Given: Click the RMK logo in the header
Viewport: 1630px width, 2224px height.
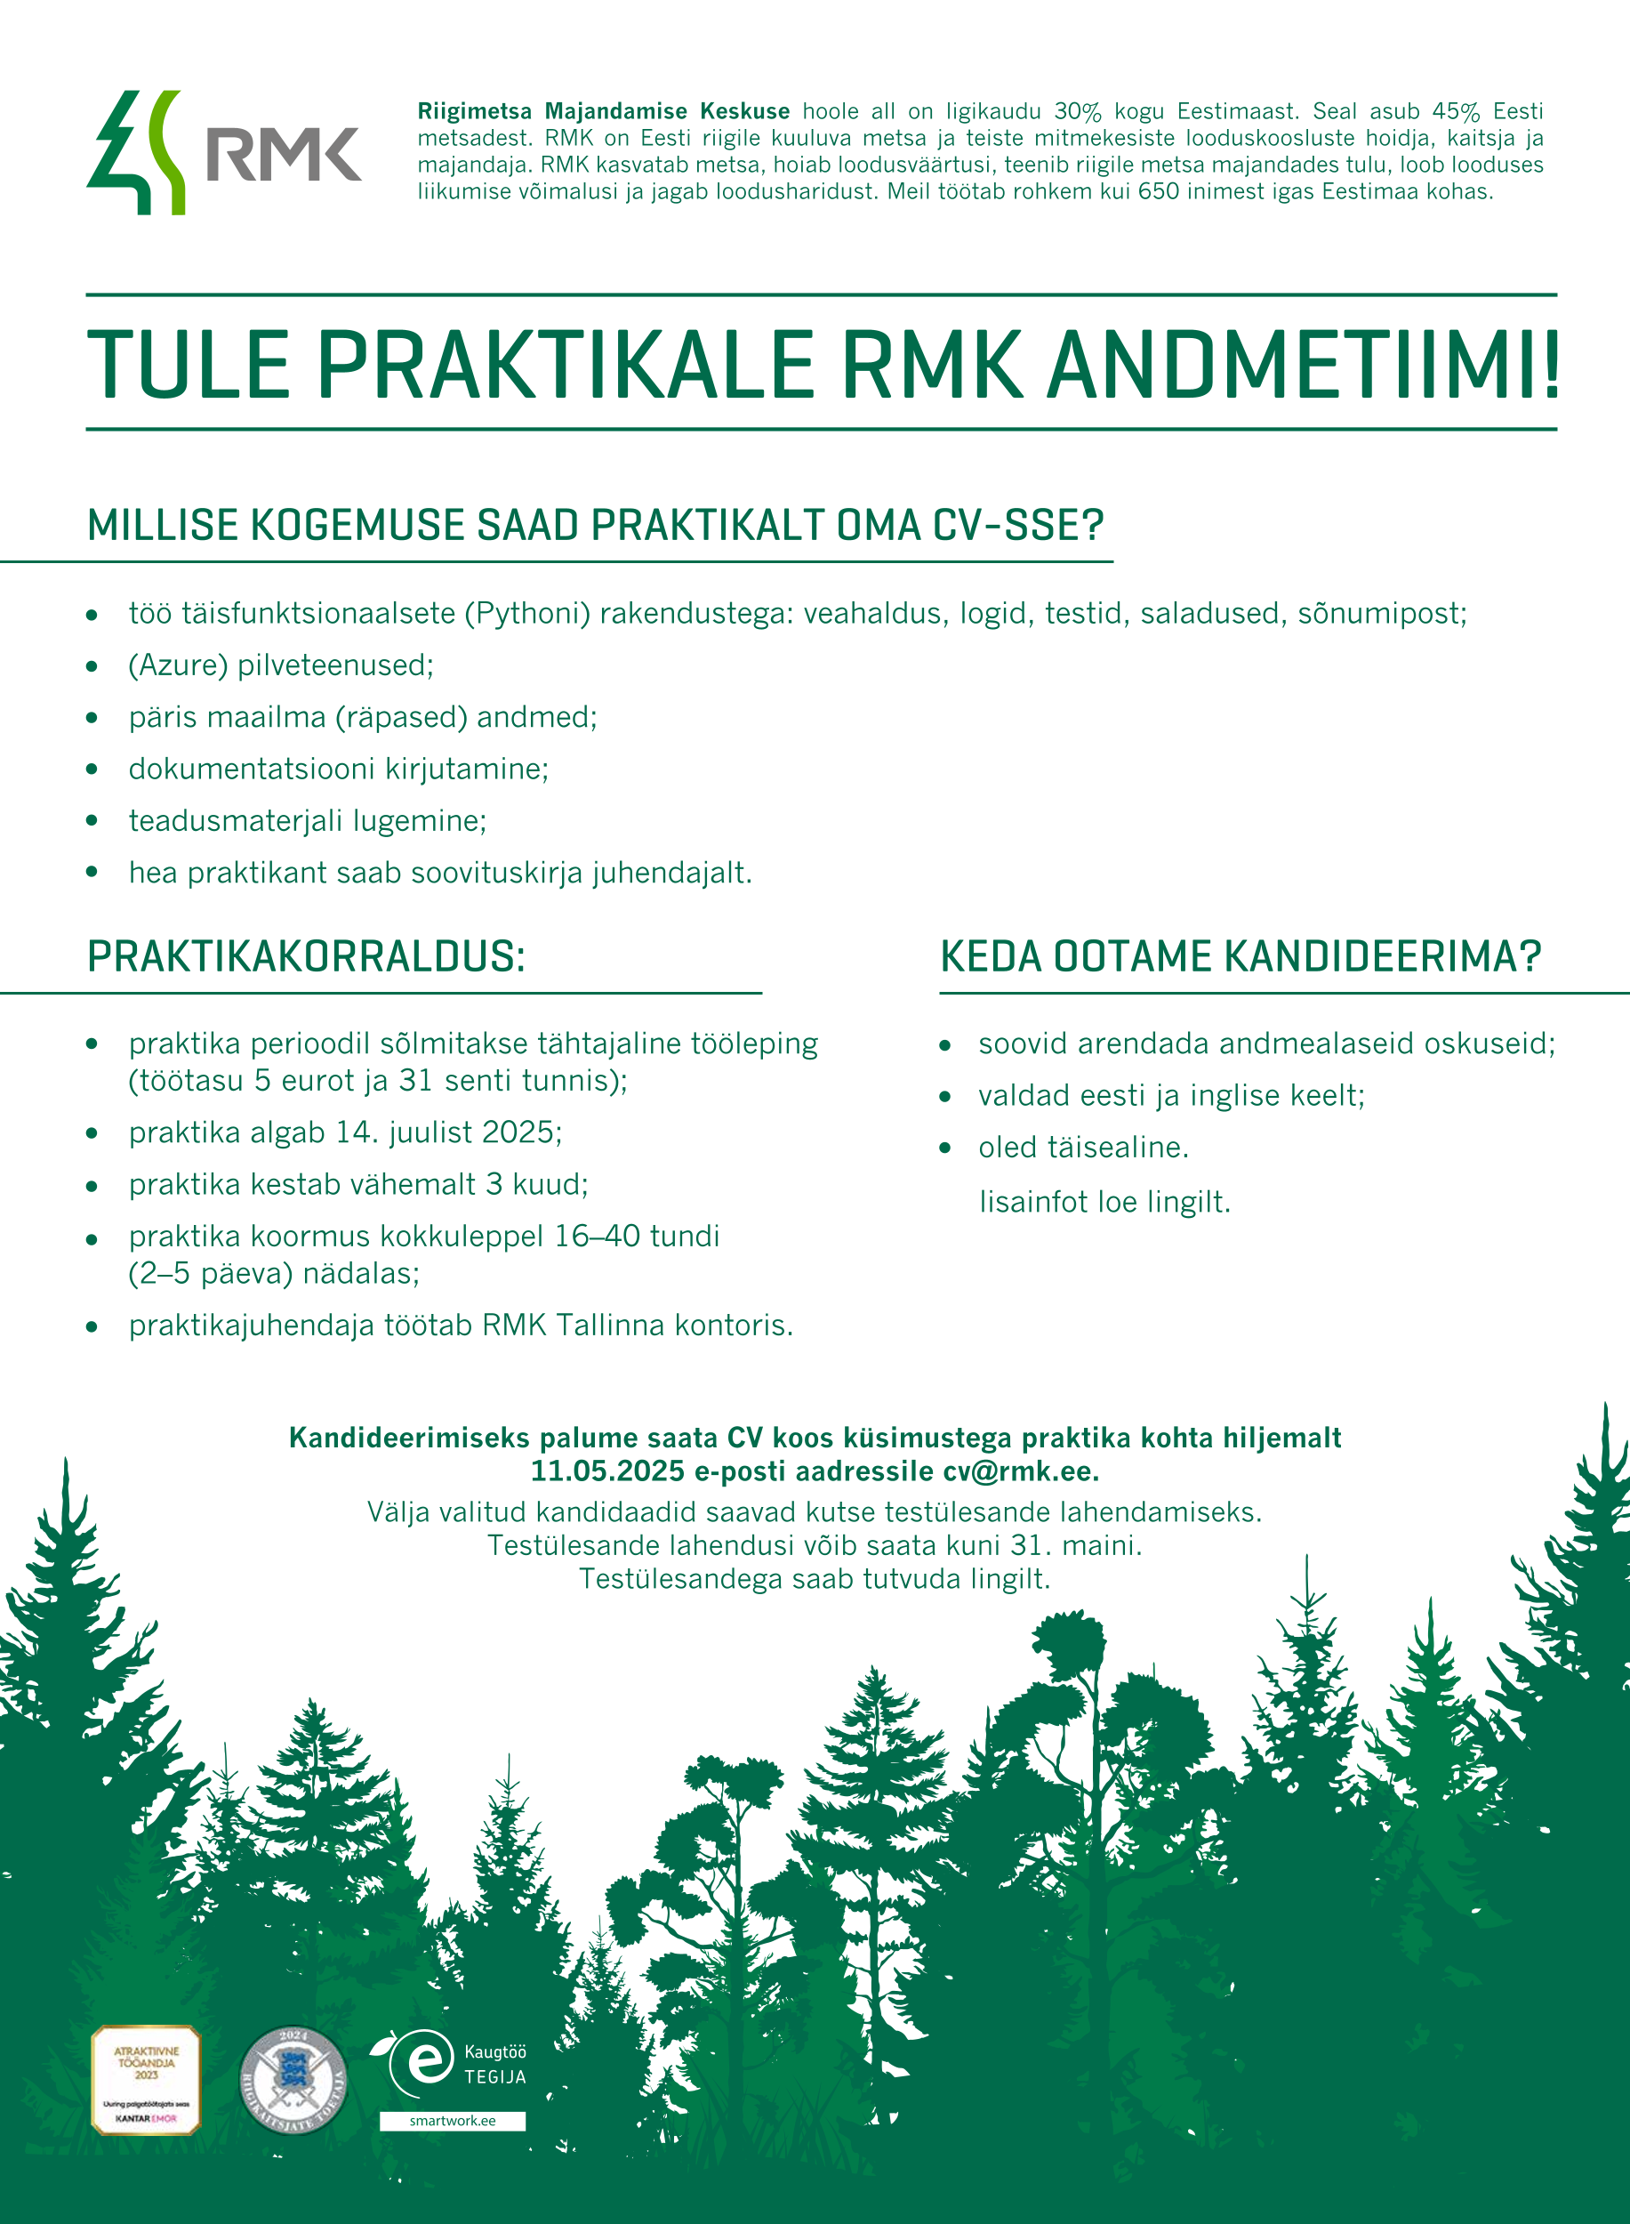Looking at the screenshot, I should [x=224, y=153].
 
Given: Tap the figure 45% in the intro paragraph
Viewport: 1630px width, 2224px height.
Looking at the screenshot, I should [x=1456, y=111].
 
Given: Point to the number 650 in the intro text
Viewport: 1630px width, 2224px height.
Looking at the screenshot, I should [x=1159, y=191].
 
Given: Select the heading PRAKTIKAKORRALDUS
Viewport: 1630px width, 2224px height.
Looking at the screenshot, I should [x=306, y=956].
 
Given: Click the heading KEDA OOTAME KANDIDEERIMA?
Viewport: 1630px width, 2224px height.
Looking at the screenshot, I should [x=1241, y=956].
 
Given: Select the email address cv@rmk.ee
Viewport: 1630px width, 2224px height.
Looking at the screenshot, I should [x=1020, y=1471].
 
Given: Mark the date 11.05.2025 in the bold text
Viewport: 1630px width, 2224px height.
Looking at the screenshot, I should [x=607, y=1471].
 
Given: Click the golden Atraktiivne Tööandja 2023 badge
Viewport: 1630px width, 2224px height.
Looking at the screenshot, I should [x=146, y=2081].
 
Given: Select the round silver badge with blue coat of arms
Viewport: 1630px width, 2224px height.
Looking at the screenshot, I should [x=293, y=2081].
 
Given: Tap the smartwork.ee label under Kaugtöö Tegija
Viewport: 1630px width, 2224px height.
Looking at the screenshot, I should [x=452, y=2120].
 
